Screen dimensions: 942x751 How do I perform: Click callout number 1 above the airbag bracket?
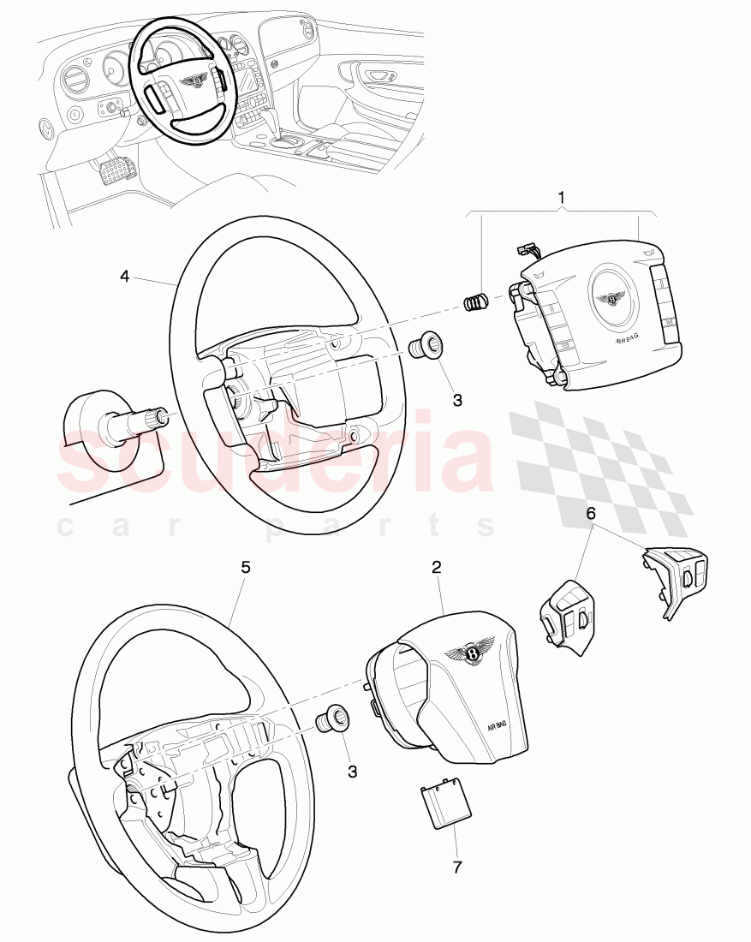pos(561,199)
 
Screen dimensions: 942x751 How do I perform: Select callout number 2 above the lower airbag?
pos(436,567)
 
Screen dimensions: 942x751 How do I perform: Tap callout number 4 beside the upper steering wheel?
pos(125,276)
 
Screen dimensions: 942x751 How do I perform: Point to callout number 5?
pos(245,567)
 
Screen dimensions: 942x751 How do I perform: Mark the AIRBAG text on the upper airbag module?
pos(628,339)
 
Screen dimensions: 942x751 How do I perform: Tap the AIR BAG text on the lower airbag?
pos(497,724)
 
